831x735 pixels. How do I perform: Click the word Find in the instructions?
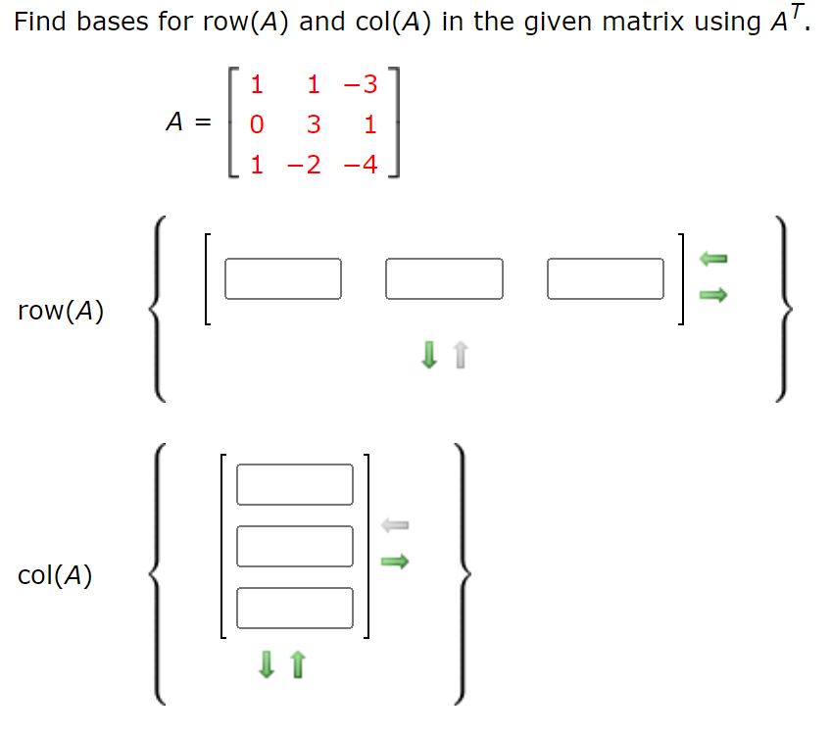(x=40, y=22)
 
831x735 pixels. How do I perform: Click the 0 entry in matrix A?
(x=257, y=125)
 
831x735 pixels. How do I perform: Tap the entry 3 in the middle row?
(x=313, y=125)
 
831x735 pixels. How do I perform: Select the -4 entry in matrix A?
(x=360, y=165)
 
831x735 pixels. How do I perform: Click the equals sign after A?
(x=202, y=123)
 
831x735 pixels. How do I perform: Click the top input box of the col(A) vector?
(x=294, y=484)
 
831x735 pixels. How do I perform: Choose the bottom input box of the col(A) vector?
(x=294, y=608)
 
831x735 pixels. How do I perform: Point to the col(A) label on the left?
(x=55, y=576)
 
